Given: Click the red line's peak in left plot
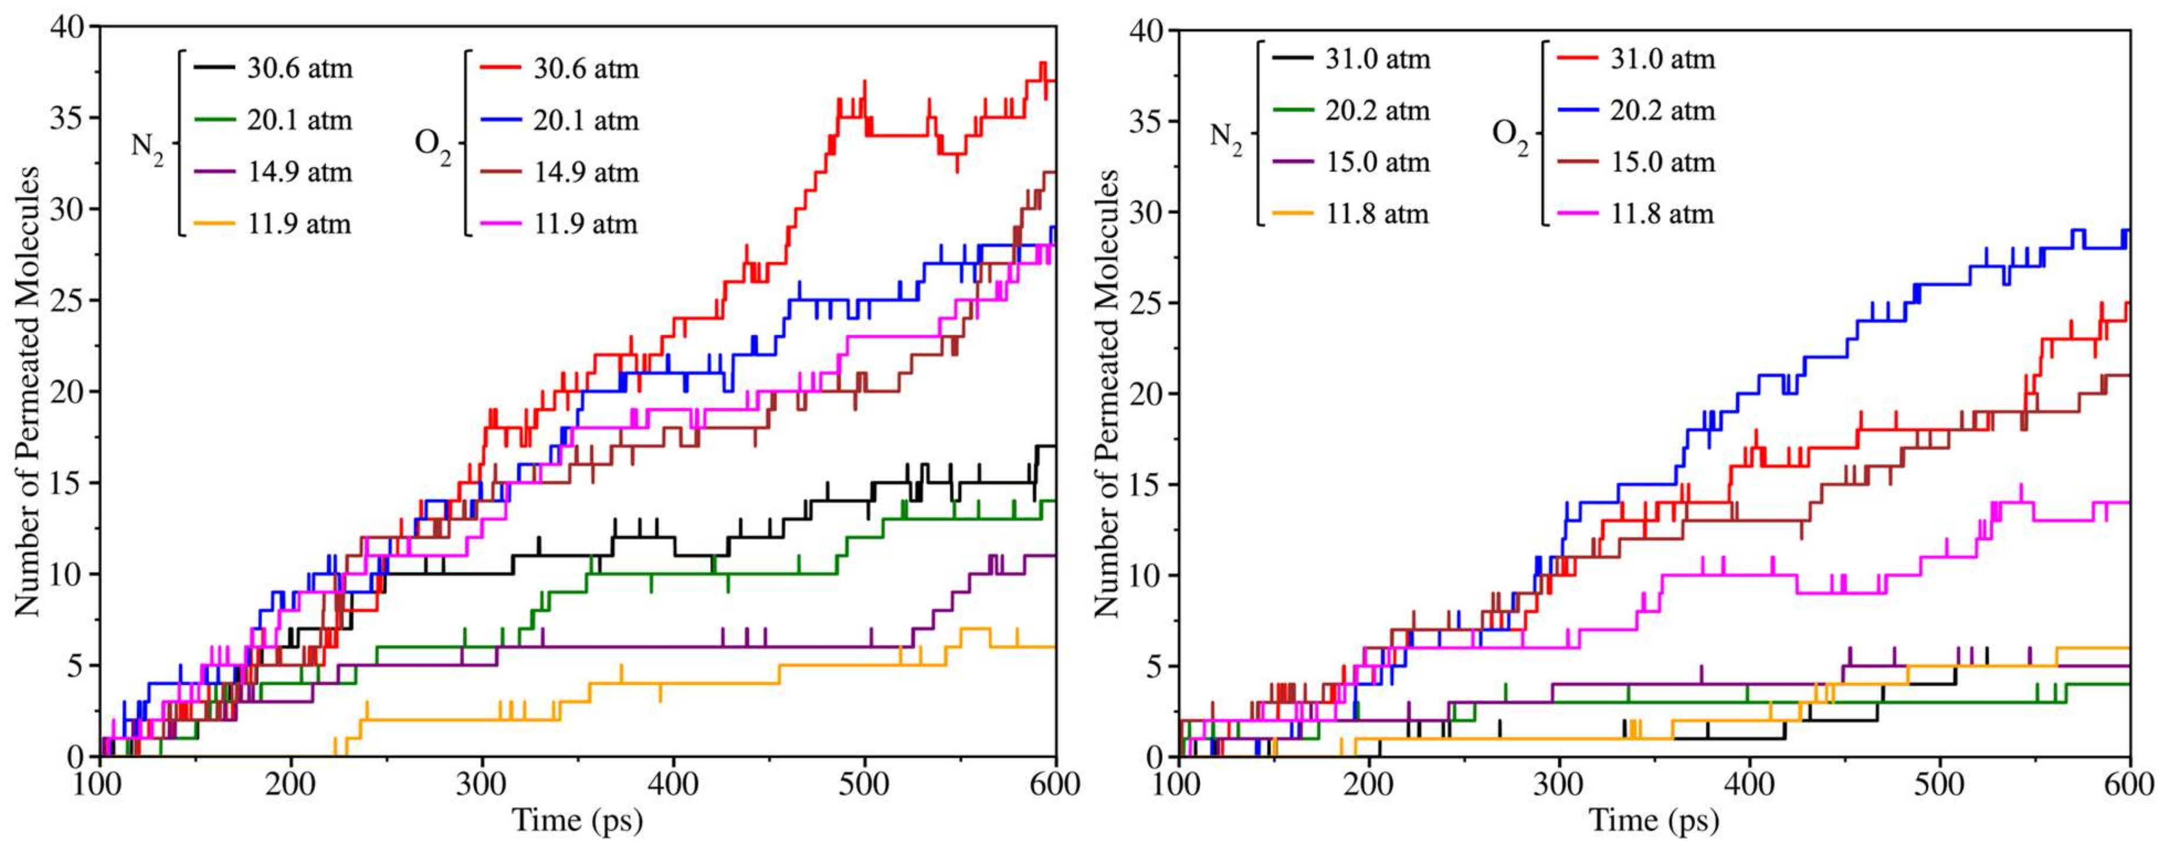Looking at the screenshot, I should point(1043,63).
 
